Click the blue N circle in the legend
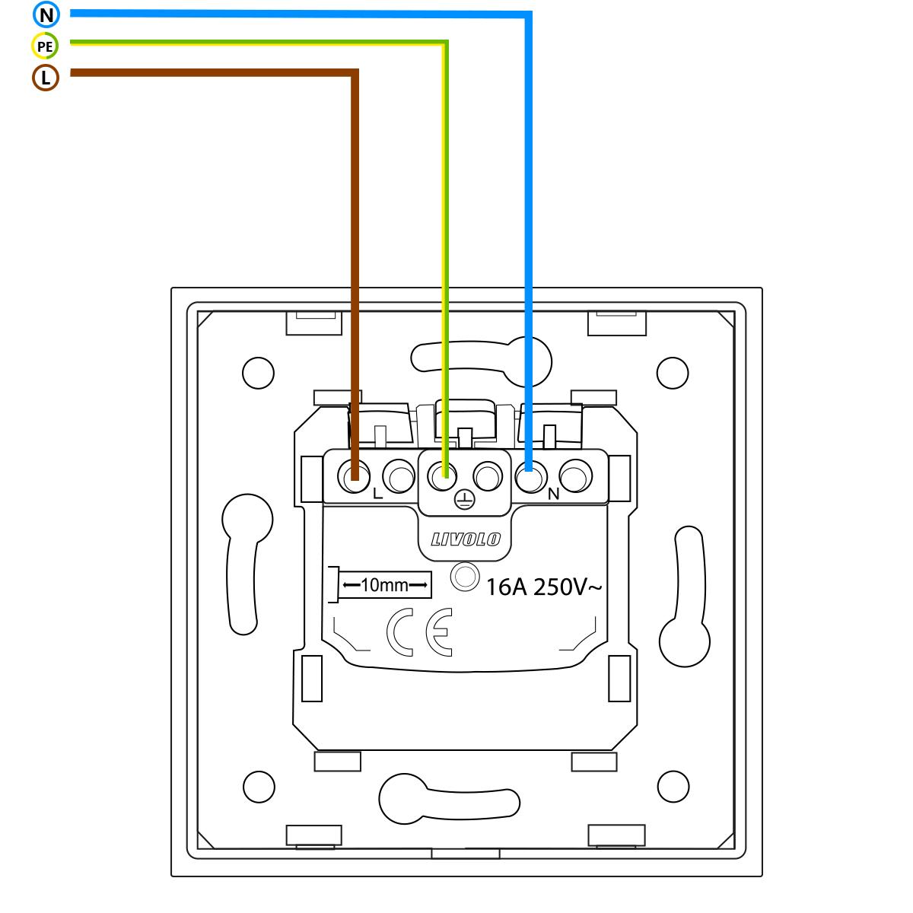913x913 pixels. point(46,14)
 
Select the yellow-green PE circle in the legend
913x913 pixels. point(46,46)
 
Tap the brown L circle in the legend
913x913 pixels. point(46,78)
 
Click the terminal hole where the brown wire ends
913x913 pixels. point(353,478)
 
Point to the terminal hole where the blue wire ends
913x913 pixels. point(530,478)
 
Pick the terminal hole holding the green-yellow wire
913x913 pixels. point(442,478)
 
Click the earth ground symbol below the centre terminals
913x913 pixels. point(464,499)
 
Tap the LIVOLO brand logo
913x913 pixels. point(465,539)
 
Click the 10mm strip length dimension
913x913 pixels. point(385,585)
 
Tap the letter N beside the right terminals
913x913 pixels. point(553,494)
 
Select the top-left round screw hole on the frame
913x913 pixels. point(258,372)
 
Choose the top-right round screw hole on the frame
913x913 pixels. point(672,372)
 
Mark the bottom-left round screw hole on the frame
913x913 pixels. point(258,785)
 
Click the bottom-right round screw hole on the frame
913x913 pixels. point(672,785)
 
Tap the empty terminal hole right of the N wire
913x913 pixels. point(576,478)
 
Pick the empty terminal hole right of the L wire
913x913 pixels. point(397,478)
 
